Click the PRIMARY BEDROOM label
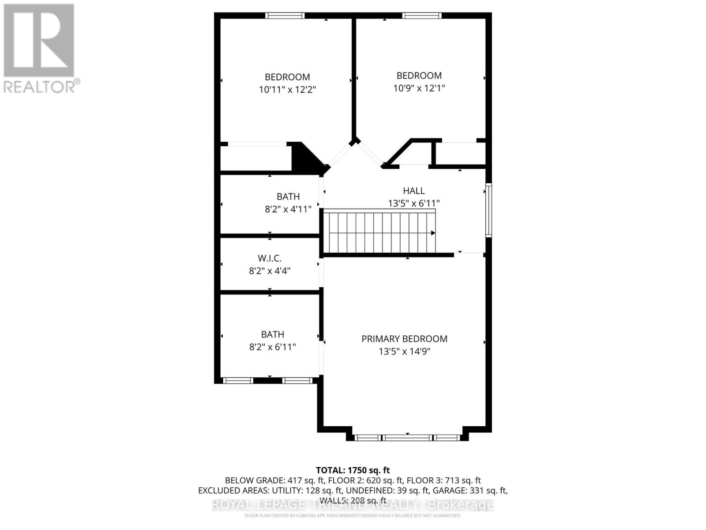click(x=404, y=339)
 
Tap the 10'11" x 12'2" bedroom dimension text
click(x=287, y=90)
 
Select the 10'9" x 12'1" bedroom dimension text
click(x=419, y=88)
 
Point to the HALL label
click(x=413, y=191)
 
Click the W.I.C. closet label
click(x=269, y=258)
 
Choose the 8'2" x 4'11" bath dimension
click(x=288, y=209)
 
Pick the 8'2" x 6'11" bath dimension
click(x=272, y=347)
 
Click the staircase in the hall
click(x=379, y=232)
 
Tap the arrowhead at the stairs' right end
click(x=433, y=233)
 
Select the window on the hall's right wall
click(x=488, y=210)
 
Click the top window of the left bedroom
click(x=285, y=15)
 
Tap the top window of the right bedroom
click(x=421, y=15)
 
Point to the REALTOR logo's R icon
click(x=39, y=40)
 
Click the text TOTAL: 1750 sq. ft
click(x=353, y=470)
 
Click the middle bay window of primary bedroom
click(x=407, y=438)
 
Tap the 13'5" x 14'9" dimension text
click(x=404, y=352)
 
